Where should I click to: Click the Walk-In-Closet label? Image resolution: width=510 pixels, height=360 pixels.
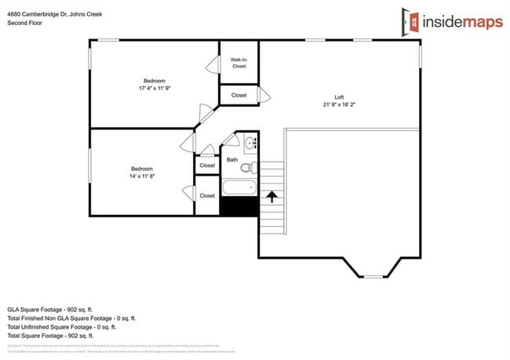[239, 63]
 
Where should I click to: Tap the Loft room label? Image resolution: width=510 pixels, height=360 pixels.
[339, 96]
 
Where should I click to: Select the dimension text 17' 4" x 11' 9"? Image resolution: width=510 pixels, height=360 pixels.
[154, 89]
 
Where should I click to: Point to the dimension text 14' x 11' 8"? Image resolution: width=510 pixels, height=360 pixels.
[142, 176]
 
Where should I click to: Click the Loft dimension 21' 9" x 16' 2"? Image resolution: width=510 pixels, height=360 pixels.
[339, 104]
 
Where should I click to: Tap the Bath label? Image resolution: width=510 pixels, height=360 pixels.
[232, 159]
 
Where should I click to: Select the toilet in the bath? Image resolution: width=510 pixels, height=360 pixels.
[247, 167]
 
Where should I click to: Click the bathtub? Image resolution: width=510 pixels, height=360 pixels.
[239, 187]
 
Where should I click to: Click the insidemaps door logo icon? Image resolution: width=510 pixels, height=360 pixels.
[409, 22]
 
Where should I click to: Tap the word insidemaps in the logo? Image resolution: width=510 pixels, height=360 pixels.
[459, 23]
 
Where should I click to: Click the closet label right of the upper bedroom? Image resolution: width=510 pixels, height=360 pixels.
[239, 96]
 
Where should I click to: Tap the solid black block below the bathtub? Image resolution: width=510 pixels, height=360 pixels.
[239, 206]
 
